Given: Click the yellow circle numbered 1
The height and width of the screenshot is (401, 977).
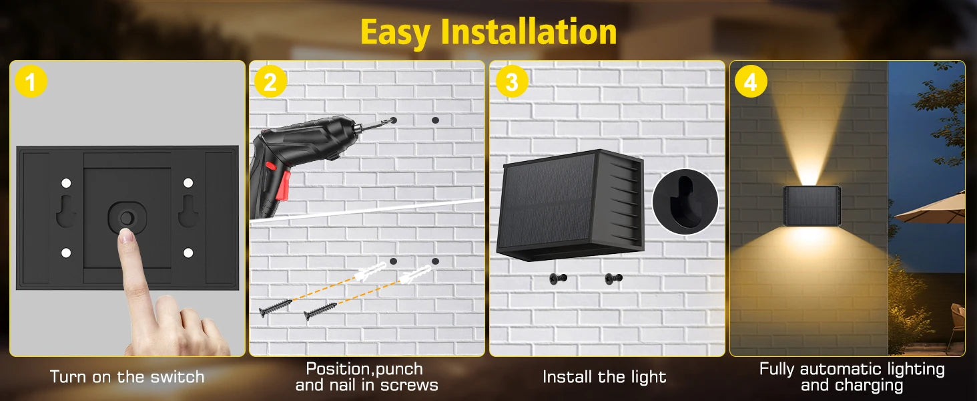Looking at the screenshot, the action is click(31, 82).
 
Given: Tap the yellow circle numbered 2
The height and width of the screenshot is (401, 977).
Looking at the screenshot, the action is click(270, 82).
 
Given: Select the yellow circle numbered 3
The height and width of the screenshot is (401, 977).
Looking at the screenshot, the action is click(512, 82).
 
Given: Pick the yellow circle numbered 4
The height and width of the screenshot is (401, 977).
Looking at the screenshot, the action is click(751, 82).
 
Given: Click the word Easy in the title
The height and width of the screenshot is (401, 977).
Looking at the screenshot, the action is click(395, 34).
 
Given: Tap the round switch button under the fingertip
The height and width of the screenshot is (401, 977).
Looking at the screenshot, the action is click(127, 218).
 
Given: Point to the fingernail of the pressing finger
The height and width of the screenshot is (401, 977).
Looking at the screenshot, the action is click(127, 235).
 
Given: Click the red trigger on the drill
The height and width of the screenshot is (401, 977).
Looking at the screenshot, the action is click(284, 186).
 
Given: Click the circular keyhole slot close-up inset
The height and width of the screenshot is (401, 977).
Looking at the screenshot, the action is click(685, 201).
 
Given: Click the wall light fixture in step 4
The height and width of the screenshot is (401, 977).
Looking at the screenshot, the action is click(811, 206).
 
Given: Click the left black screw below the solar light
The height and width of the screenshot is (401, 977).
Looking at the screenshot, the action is click(559, 278).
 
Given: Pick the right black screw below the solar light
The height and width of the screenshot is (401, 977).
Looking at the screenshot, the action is click(614, 278).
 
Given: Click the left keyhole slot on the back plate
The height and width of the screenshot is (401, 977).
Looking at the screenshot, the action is click(66, 211).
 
